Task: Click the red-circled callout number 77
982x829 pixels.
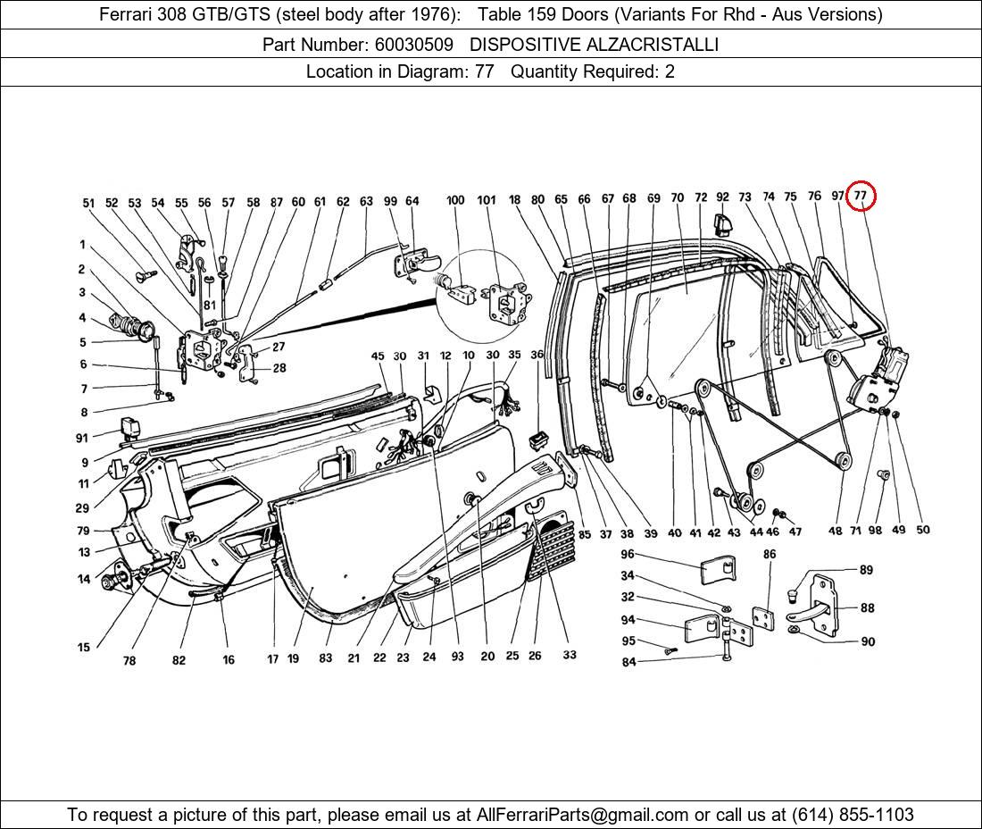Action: [x=861, y=196]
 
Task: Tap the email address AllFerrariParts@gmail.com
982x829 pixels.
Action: [x=583, y=814]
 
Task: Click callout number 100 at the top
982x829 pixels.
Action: [x=455, y=200]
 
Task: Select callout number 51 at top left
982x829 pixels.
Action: [x=88, y=203]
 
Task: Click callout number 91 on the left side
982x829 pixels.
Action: [x=82, y=438]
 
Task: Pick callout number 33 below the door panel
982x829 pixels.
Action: [x=570, y=655]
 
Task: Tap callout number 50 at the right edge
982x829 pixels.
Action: [x=922, y=529]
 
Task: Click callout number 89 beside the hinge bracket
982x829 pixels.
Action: [x=866, y=570]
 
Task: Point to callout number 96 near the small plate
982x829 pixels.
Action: [x=628, y=554]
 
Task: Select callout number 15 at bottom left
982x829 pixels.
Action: [x=84, y=648]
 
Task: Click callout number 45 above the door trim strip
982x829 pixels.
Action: [x=378, y=356]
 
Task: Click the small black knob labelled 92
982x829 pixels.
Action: [x=722, y=219]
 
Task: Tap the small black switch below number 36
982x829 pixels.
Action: [x=537, y=440]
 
